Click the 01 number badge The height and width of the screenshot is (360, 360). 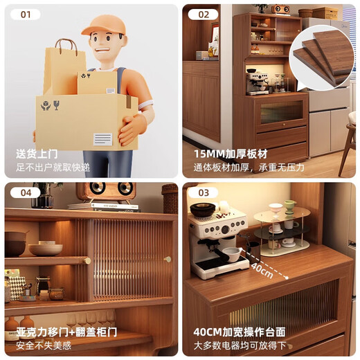click(25, 15)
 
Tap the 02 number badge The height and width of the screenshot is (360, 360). click(203, 15)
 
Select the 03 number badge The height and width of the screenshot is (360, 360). click(203, 193)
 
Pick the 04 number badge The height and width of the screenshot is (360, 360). click(25, 193)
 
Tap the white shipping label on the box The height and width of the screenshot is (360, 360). click(102, 138)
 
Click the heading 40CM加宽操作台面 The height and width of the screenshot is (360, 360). click(240, 332)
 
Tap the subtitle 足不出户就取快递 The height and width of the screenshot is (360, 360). click(53, 167)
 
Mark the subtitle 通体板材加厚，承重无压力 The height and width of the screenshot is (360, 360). click(248, 167)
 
